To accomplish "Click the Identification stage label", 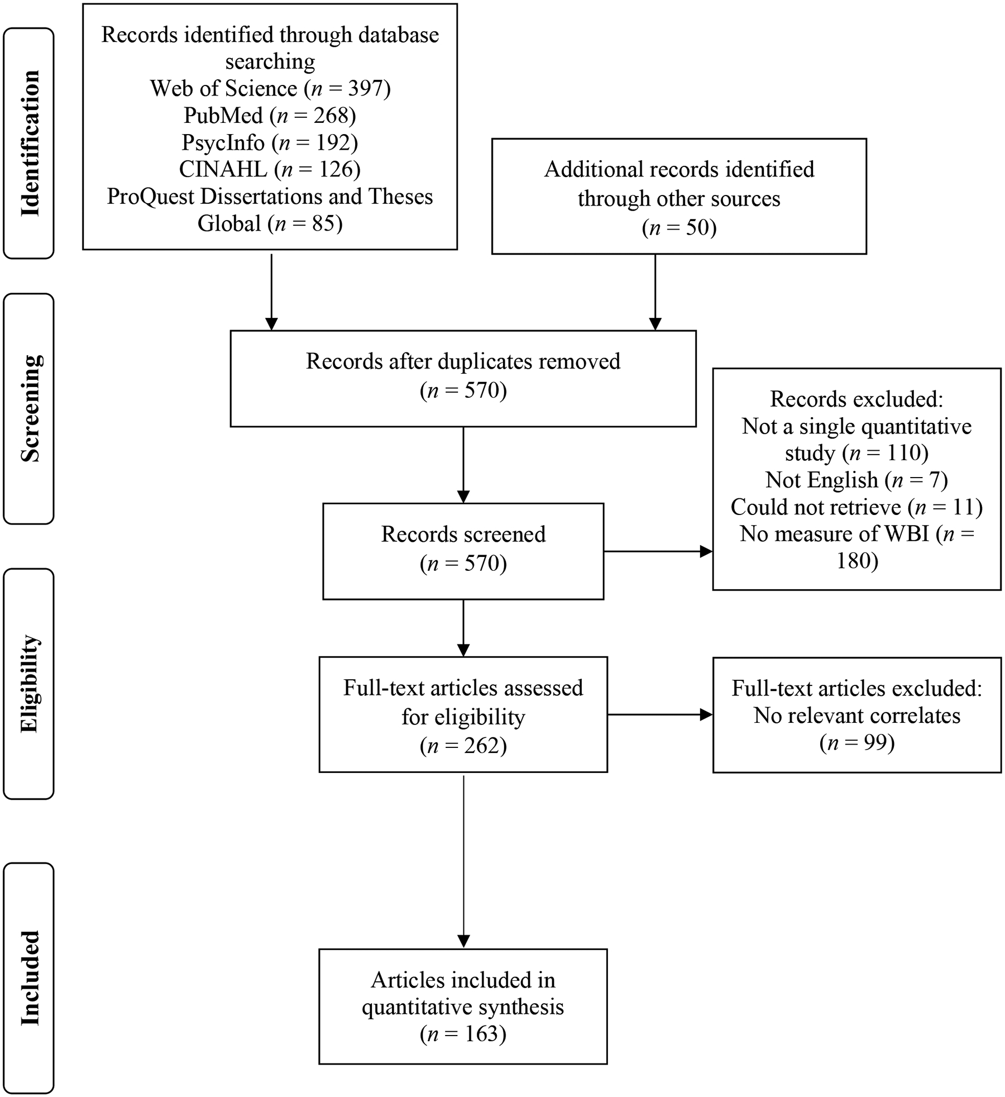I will tap(30, 143).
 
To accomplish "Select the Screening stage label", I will tap(30, 408).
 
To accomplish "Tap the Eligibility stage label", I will tap(30, 684).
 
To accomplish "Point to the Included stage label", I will tap(30, 977).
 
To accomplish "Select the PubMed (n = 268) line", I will tap(270, 116).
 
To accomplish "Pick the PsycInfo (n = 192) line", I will tap(270, 142).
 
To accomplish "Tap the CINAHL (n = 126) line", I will tap(270, 169).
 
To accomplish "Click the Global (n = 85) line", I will tap(270, 223).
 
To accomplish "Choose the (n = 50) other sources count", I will tap(679, 227).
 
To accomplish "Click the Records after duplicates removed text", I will tap(463, 361).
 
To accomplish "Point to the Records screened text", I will tap(463, 535).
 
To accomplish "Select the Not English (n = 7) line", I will tap(856, 480).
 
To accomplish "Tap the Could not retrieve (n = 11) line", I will tap(856, 507).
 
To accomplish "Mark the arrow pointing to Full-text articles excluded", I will tap(659, 714).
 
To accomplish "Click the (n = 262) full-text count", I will tap(463, 746).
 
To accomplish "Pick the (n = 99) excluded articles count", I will tap(856, 742).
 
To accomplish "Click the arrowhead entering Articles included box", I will tap(463, 942).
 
